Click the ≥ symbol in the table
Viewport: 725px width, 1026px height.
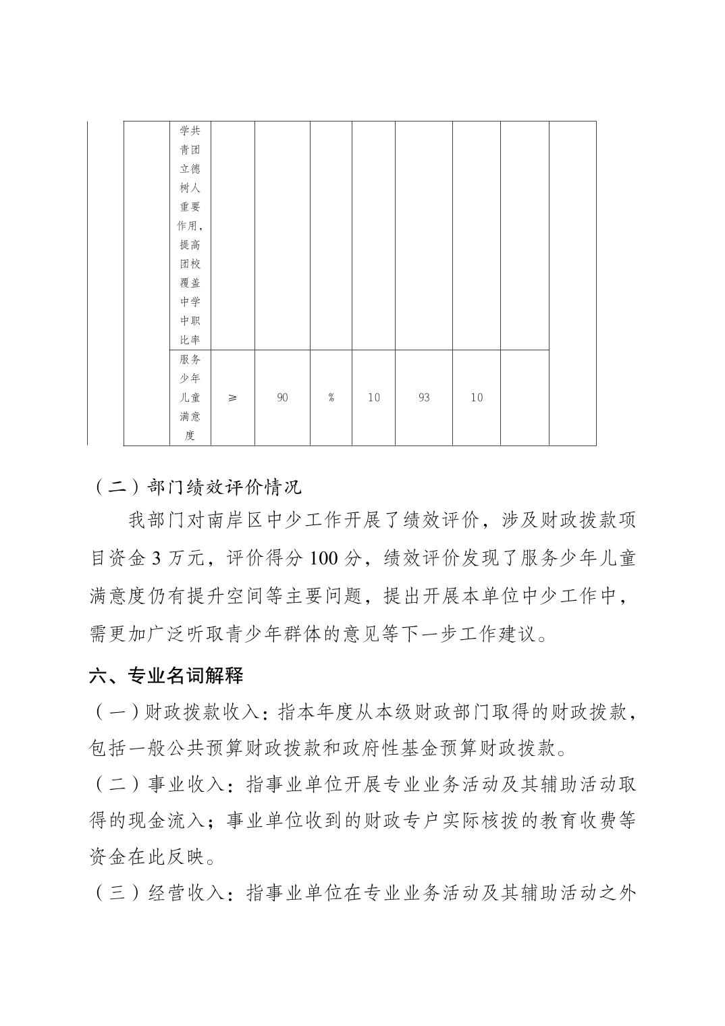pyautogui.click(x=232, y=398)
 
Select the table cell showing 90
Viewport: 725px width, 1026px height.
pyautogui.click(x=282, y=398)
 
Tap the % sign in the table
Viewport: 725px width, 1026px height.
pyautogui.click(x=331, y=398)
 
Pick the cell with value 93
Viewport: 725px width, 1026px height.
pyautogui.click(x=423, y=398)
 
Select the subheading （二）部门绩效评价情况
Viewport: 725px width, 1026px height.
pyautogui.click(x=196, y=486)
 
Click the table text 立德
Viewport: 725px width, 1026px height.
pyautogui.click(x=190, y=169)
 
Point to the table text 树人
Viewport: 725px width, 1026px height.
pyautogui.click(x=190, y=188)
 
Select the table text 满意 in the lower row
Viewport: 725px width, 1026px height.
pyautogui.click(x=190, y=416)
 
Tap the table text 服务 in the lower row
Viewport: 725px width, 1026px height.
pyautogui.click(x=190, y=359)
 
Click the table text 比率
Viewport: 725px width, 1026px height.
pyautogui.click(x=190, y=340)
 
